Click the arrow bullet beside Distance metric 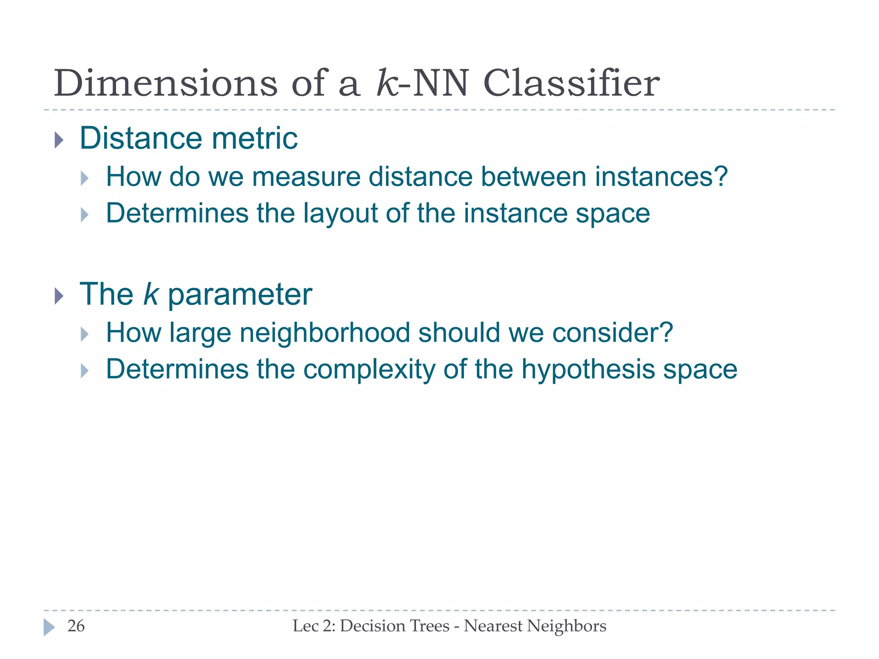59,140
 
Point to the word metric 255,138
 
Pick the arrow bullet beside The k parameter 59,296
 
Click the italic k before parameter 151,294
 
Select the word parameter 239,295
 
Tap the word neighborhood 324,333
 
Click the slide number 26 76,626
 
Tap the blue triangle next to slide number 49,627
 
